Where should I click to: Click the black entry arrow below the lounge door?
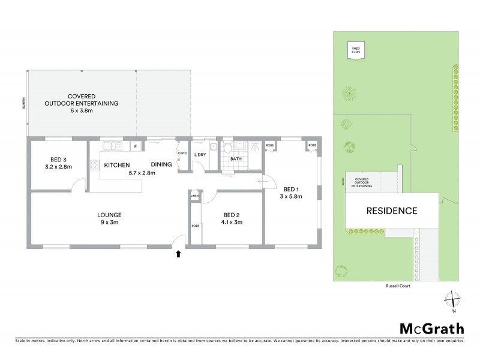click(178, 254)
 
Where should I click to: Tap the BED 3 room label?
click(58, 160)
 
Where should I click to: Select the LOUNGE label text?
click(110, 215)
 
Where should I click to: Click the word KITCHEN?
click(118, 164)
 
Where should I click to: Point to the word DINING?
click(161, 164)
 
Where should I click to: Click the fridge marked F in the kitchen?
click(136, 146)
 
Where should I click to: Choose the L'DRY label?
click(200, 156)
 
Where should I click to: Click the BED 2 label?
click(232, 215)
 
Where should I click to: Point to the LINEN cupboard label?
click(194, 196)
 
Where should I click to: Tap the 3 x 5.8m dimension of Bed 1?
click(290, 196)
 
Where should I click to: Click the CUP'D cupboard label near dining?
click(182, 152)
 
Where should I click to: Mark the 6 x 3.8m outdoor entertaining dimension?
click(81, 110)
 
